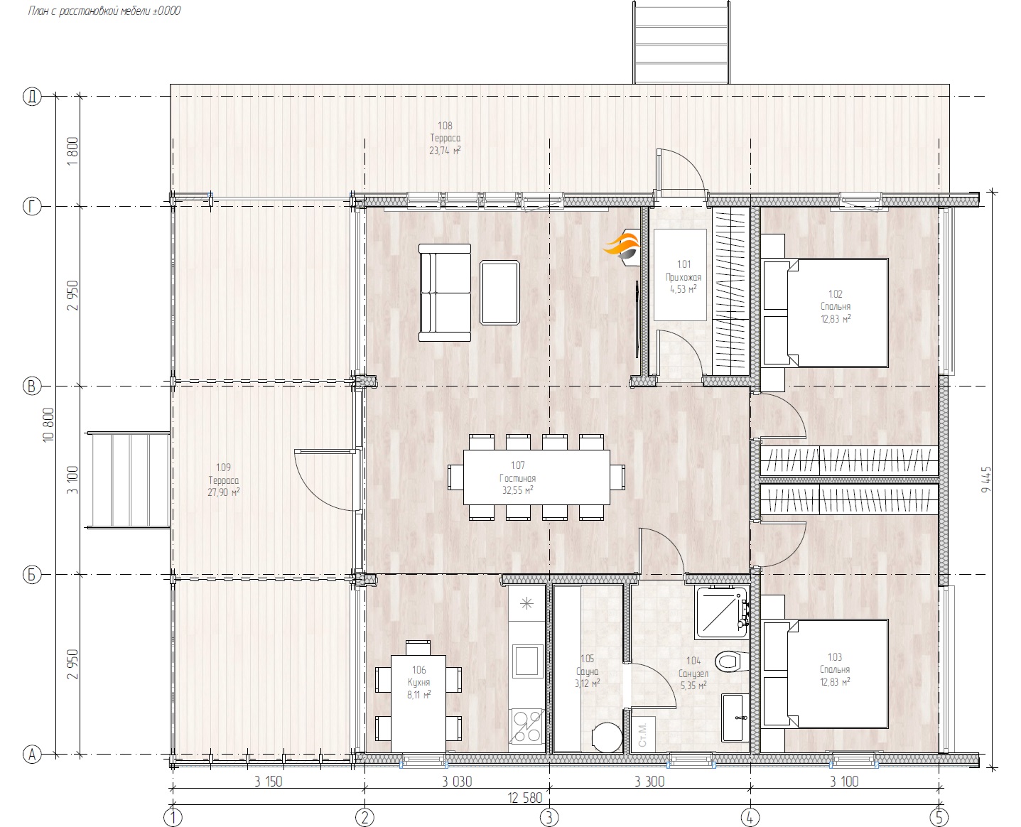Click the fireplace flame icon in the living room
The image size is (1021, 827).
[623, 246]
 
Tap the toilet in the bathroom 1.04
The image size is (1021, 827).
[729, 661]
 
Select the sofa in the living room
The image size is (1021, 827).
[445, 293]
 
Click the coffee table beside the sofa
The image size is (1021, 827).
[499, 293]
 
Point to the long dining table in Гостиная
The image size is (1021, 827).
[536, 477]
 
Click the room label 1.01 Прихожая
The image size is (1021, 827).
[683, 277]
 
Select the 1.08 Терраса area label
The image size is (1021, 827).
[445, 138]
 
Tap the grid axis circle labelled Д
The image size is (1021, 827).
[32, 96]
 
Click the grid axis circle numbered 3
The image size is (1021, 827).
[549, 817]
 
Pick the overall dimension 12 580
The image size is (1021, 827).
[525, 798]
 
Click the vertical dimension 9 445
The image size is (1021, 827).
[986, 480]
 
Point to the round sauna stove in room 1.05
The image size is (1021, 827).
[607, 737]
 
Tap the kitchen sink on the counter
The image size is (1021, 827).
[526, 660]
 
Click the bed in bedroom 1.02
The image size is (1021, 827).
[826, 313]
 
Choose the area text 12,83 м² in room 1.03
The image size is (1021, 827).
[835, 682]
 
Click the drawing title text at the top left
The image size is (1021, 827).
[104, 11]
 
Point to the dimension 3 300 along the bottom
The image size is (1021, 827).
[649, 782]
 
